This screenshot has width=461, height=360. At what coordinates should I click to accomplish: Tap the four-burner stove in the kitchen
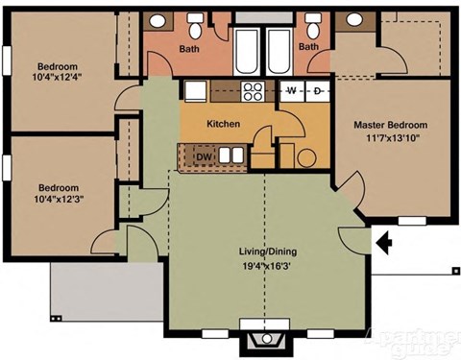coord(255,92)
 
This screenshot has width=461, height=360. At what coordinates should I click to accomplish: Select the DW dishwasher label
coord(204,156)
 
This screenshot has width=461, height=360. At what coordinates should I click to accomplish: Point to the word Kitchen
coord(223,125)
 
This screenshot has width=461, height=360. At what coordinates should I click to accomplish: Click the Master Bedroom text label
coord(390,126)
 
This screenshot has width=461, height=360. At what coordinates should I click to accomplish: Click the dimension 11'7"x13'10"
coord(390,140)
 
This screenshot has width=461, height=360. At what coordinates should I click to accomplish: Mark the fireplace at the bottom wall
coord(265,340)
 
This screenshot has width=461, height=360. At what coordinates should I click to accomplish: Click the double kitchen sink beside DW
coord(230,155)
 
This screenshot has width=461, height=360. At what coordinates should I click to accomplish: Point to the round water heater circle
coord(306,156)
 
